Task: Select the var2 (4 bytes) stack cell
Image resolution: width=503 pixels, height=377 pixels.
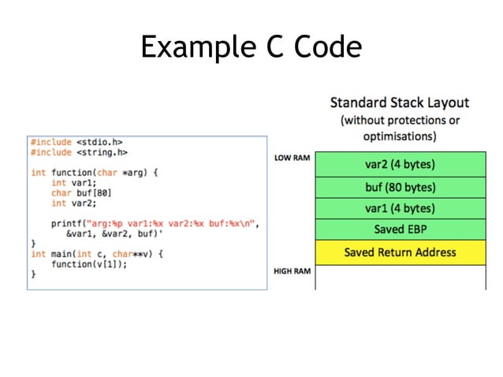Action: point(400,165)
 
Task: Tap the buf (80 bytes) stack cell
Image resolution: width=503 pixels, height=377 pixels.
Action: point(400,188)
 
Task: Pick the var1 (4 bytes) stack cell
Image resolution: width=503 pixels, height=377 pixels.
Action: point(400,209)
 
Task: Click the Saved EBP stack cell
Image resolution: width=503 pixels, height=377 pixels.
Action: point(400,230)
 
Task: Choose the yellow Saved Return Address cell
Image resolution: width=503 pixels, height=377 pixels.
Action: point(400,252)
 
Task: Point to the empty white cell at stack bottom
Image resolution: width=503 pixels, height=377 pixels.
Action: point(400,277)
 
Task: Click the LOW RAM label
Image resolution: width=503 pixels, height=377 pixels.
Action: point(291,158)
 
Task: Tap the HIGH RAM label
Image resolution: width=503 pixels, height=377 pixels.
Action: point(291,271)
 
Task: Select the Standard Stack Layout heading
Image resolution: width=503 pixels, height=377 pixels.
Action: point(399,103)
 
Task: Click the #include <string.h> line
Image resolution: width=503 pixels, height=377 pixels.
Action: point(79,152)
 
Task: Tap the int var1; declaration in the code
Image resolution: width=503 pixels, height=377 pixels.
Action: point(70,182)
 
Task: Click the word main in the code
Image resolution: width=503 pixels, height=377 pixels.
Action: point(61,254)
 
